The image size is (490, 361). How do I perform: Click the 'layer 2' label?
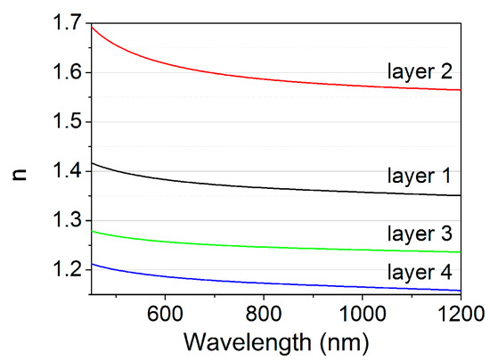coord(426,70)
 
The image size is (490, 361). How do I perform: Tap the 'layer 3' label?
coord(426,234)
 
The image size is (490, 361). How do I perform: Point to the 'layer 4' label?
coord(426,271)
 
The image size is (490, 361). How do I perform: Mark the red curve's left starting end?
coord(90,26)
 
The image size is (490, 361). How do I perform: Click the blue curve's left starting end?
coord(90,264)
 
